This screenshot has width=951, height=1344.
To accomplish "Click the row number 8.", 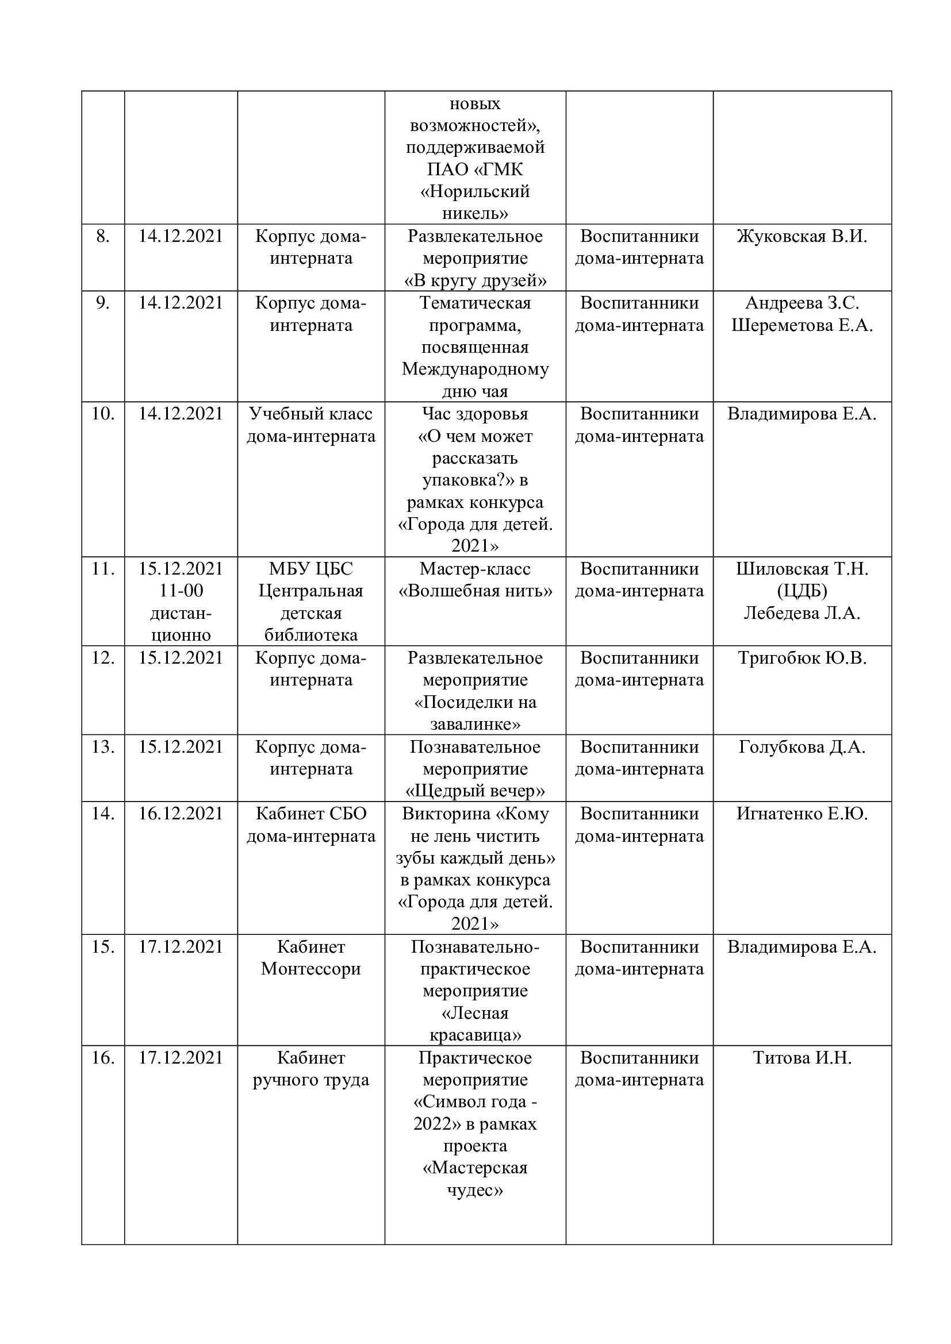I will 102,237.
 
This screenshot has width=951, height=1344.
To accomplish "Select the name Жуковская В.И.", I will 802,237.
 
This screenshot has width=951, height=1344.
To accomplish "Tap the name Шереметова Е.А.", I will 802,325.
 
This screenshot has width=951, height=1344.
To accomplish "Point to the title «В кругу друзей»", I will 475,281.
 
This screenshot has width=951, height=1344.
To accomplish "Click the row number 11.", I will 102,569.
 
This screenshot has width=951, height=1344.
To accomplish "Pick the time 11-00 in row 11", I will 181,591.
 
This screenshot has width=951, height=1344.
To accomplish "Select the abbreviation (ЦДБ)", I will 802,591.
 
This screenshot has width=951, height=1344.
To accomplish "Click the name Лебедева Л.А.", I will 802,614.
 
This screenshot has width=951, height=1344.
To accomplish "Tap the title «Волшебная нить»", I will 475,591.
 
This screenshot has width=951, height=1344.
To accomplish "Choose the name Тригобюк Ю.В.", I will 802,658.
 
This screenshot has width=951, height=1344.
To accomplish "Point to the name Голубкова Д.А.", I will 802,748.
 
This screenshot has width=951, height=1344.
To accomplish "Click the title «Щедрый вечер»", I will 475,791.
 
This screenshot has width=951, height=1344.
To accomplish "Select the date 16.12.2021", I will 181,814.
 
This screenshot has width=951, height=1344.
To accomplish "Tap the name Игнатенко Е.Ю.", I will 802,814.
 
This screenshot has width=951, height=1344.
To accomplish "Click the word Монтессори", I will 311,969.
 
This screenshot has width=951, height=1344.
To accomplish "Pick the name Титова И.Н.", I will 802,1058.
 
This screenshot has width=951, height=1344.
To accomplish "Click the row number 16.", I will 102,1058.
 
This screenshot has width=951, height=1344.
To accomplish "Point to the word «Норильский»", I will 475,191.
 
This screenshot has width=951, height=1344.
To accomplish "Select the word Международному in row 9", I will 475,369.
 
